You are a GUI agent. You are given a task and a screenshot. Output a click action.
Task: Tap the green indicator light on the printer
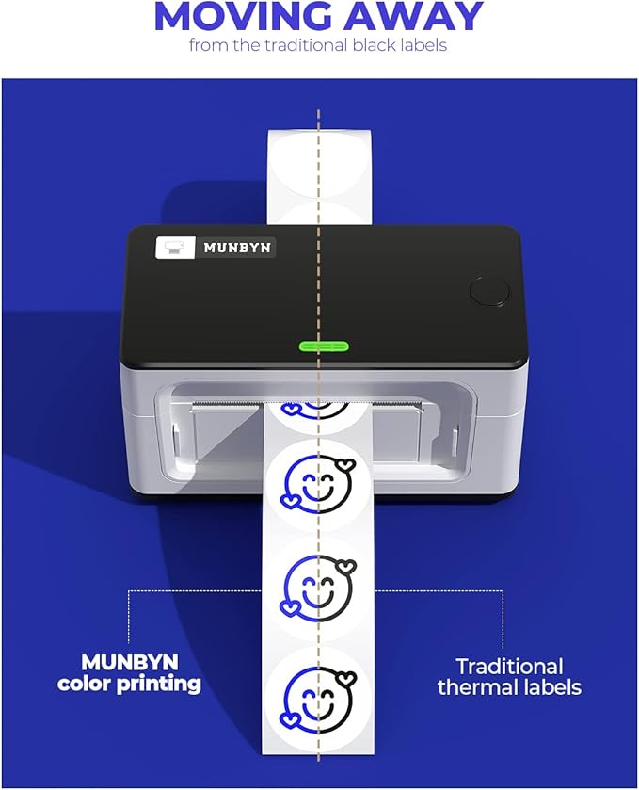pyautogui.click(x=320, y=346)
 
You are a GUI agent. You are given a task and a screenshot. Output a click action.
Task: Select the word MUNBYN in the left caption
pyautogui.click(x=130, y=663)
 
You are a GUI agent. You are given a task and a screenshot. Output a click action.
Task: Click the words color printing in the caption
pyautogui.click(x=130, y=685)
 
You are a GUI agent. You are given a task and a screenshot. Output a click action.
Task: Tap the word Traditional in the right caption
pyautogui.click(x=509, y=666)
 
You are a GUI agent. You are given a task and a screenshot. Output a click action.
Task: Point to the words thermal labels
pyautogui.click(x=509, y=687)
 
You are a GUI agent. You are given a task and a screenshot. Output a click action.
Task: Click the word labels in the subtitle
pyautogui.click(x=422, y=45)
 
